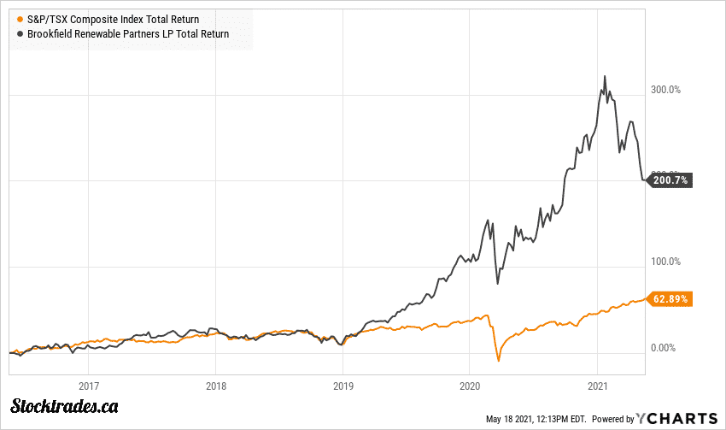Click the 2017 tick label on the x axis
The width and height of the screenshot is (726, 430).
(x=90, y=385)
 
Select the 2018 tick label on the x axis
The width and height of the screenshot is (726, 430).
(x=216, y=385)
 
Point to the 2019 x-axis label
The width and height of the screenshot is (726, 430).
(x=343, y=385)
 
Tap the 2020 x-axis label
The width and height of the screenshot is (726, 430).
(x=470, y=385)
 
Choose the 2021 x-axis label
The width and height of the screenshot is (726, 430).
(x=597, y=385)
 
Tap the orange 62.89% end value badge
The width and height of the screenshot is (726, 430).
(x=670, y=299)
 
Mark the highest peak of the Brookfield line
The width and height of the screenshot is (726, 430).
(x=605, y=76)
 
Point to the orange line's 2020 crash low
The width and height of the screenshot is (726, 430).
(x=498, y=362)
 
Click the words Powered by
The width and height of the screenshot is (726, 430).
(x=613, y=419)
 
